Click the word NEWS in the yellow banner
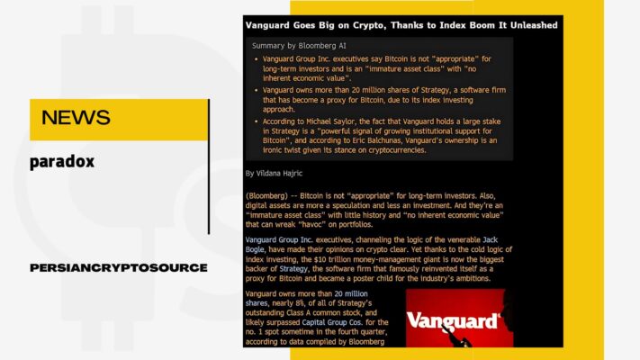[x=76, y=118]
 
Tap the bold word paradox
[x=62, y=162]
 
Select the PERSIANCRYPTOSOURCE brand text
[x=119, y=268]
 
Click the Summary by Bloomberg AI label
[x=299, y=46]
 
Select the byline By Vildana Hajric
[x=274, y=173]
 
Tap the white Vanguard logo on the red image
[x=453, y=321]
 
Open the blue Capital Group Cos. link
[x=332, y=322]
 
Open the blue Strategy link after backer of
[x=293, y=268]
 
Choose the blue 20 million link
[x=351, y=293]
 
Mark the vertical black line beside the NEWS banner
[x=209, y=166]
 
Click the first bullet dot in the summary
[x=257, y=59]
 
